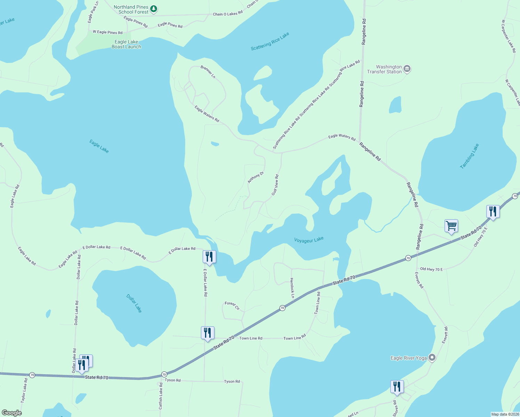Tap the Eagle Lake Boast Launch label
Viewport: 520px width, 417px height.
pyautogui.click(x=126, y=44)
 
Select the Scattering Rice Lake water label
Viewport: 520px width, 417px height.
pyautogui.click(x=270, y=41)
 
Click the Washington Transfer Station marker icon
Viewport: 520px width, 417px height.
pyautogui.click(x=407, y=69)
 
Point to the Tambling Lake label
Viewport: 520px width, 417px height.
pyautogui.click(x=469, y=156)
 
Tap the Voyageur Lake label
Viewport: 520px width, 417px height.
pyautogui.click(x=309, y=240)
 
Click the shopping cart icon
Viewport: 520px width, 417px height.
pyautogui.click(x=451, y=226)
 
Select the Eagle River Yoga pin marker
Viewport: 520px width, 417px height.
pyautogui.click(x=432, y=357)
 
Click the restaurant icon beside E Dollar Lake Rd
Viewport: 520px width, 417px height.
pyautogui.click(x=209, y=257)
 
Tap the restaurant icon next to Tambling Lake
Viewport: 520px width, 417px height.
pyautogui.click(x=493, y=211)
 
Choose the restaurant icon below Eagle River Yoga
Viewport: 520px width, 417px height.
pyautogui.click(x=397, y=387)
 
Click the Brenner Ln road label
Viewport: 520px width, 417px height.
pyautogui.click(x=208, y=72)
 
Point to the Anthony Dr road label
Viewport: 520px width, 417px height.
pyautogui.click(x=255, y=177)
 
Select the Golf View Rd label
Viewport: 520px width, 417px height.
pyautogui.click(x=275, y=185)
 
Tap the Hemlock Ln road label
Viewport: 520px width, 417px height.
pyautogui.click(x=292, y=288)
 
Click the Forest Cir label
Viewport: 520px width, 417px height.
pyautogui.click(x=232, y=305)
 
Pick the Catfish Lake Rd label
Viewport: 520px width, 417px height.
pyautogui.click(x=161, y=396)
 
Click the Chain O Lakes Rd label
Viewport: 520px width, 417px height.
pyautogui.click(x=228, y=14)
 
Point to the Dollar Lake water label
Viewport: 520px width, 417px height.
pyautogui.click(x=134, y=303)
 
